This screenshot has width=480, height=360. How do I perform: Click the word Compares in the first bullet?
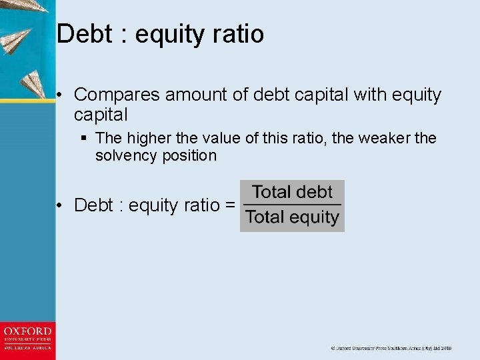(x=117, y=95)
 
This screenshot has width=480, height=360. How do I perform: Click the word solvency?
(x=127, y=155)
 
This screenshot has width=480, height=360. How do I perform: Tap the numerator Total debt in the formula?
(x=292, y=192)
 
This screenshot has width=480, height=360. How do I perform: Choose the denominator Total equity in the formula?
(x=292, y=217)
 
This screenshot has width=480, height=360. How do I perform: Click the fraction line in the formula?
(x=292, y=205)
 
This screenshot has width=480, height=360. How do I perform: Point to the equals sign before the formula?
(x=230, y=205)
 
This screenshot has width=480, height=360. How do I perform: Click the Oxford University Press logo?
(x=27, y=339)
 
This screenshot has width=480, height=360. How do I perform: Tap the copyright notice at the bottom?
(x=391, y=348)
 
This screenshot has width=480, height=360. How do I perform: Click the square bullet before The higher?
(x=83, y=139)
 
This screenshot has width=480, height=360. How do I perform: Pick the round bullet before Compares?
(x=60, y=95)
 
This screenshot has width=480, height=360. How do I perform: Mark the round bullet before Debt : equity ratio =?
(x=60, y=205)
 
